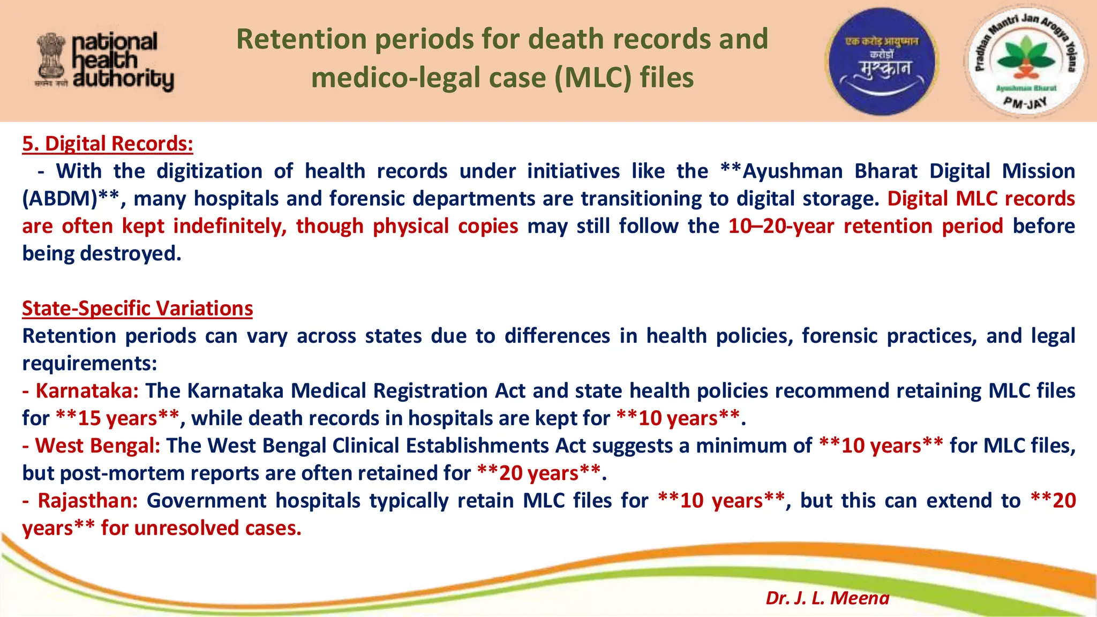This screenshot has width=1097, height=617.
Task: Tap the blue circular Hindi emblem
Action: pos(881,61)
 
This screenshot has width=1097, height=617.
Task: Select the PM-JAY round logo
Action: pos(1024,60)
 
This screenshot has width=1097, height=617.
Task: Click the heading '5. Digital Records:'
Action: pos(107,144)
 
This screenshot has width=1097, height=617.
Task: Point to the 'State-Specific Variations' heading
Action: pos(137,308)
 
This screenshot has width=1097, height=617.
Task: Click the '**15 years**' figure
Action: pos(117,418)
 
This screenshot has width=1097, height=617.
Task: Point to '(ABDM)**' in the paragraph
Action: pos(71,199)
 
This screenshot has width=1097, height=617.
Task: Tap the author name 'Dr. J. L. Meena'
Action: pos(827,598)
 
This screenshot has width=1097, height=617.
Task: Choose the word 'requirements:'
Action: pos(89,364)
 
